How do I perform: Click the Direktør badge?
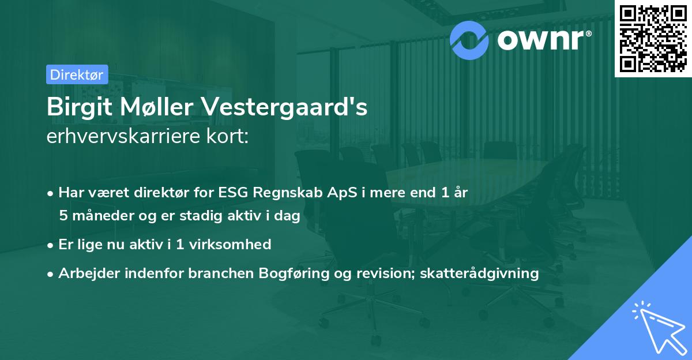77,74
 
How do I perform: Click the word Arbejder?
85,273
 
